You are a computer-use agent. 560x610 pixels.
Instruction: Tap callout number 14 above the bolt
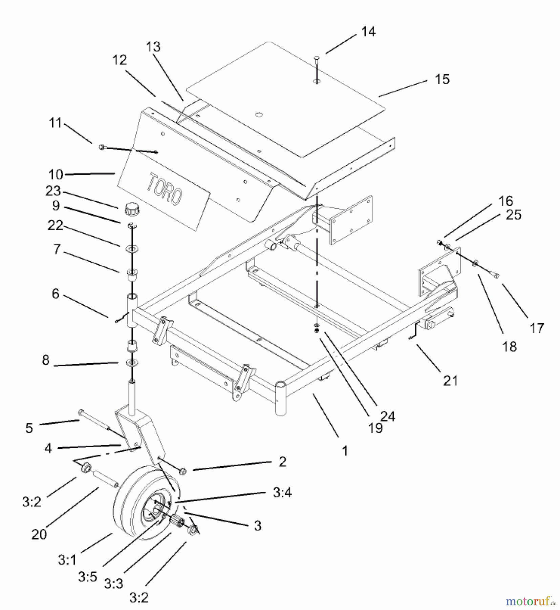pyautogui.click(x=368, y=32)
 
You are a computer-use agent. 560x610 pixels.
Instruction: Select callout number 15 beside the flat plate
pyautogui.click(x=442, y=79)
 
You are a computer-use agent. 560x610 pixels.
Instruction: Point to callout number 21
pyautogui.click(x=450, y=381)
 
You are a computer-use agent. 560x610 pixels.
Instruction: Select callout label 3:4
pyautogui.click(x=282, y=492)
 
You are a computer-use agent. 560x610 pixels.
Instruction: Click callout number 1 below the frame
pyautogui.click(x=345, y=451)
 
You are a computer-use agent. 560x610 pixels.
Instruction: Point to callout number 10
pyautogui.click(x=56, y=175)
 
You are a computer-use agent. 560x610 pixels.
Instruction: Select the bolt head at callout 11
pyautogui.click(x=101, y=147)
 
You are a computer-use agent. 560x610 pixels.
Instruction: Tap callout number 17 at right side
pyautogui.click(x=537, y=328)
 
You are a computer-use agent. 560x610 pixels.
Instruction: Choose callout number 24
pyautogui.click(x=388, y=416)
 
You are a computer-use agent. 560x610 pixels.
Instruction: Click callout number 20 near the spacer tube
pyautogui.click(x=39, y=534)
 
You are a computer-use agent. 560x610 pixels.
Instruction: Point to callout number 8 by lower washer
pyautogui.click(x=46, y=360)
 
